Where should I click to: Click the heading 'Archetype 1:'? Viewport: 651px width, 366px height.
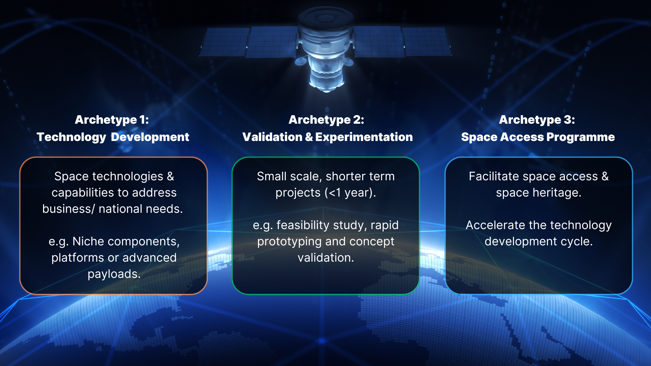pyautogui.click(x=112, y=120)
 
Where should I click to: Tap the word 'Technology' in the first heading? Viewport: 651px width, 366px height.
pyautogui.click(x=72, y=137)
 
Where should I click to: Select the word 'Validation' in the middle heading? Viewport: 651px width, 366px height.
pyautogui.click(x=272, y=137)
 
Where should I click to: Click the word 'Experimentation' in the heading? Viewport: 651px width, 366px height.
pyautogui.click(x=364, y=137)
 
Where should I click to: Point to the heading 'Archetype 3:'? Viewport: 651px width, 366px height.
pyautogui.click(x=537, y=120)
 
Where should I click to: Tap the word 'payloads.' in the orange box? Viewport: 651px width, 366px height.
pyautogui.click(x=114, y=274)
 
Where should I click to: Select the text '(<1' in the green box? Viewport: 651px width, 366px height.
pyautogui.click(x=333, y=192)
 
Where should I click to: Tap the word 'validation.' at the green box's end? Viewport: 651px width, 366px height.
pyautogui.click(x=325, y=258)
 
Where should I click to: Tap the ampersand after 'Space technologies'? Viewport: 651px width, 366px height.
pyautogui.click(x=170, y=176)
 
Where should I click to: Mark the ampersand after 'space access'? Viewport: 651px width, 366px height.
pyautogui.click(x=605, y=176)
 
